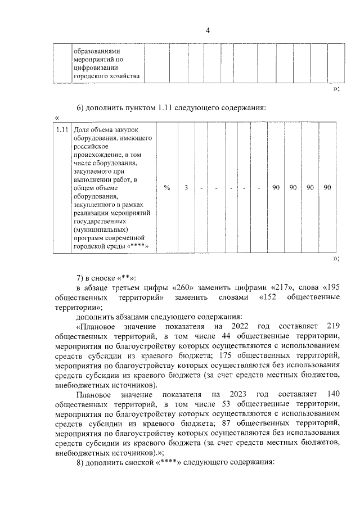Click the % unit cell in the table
(x=166, y=188)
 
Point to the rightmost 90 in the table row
(x=327, y=188)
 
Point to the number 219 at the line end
(x=332, y=326)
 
